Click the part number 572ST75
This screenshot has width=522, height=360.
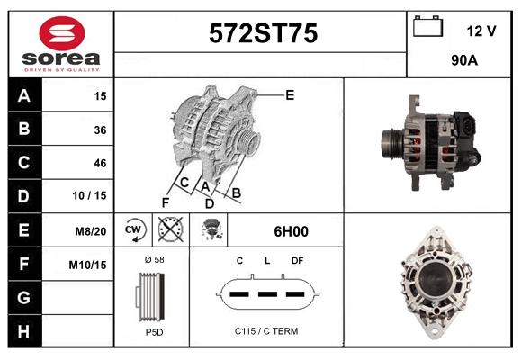[262, 34]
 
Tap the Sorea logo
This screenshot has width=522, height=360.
[61, 43]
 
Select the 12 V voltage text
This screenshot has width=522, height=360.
[481, 31]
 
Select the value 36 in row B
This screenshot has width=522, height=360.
[100, 130]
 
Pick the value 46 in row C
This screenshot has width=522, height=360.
[100, 163]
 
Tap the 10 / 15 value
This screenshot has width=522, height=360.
[94, 196]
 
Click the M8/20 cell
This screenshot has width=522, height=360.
[92, 230]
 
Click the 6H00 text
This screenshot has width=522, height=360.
[291, 231]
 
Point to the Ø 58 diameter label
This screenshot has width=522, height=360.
[153, 259]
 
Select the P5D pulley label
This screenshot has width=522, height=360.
[153, 332]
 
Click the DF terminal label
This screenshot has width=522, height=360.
[297, 260]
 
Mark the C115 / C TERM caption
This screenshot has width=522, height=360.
[266, 331]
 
